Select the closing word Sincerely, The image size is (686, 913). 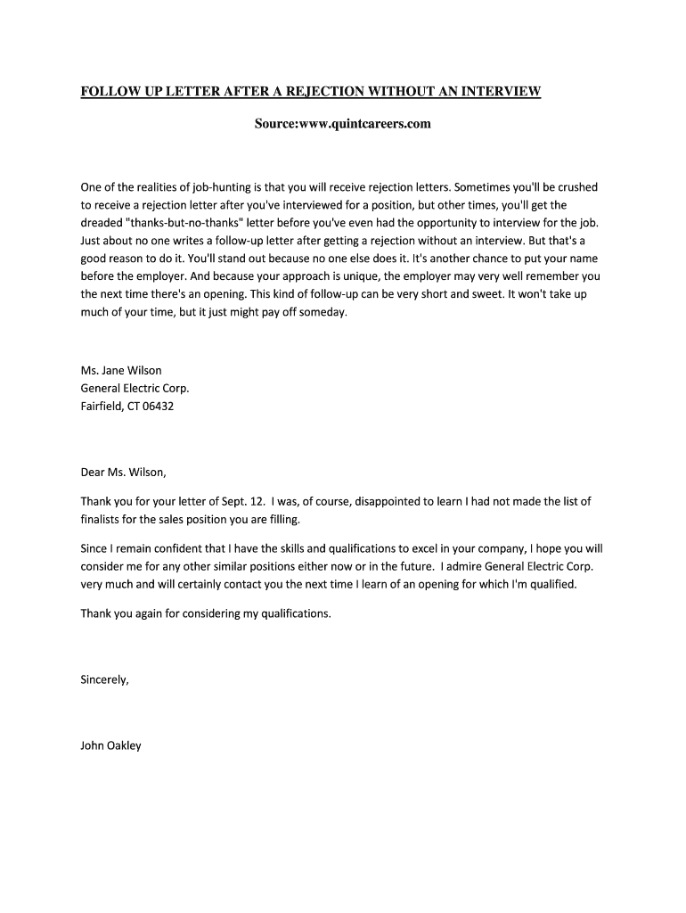pyautogui.click(x=104, y=679)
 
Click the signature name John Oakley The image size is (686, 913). pyautogui.click(x=110, y=745)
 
